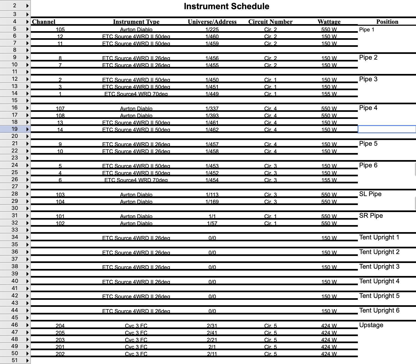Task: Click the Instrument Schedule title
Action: pos(226,6)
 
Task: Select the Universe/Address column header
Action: pos(212,22)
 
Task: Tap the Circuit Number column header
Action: pos(270,22)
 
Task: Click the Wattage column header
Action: pos(329,22)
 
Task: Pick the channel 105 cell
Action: pos(60,29)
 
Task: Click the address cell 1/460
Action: pos(212,36)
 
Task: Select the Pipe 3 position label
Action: pos(368,79)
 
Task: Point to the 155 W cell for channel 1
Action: pos(329,94)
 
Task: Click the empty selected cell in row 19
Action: pos(387,129)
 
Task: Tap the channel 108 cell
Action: pos(60,115)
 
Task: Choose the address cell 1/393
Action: pos(212,115)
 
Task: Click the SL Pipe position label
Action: pos(370,194)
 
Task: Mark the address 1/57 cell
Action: pos(212,223)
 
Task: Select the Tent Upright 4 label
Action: pos(379,281)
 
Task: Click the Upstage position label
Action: pos(371,325)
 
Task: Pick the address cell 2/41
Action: pos(212,333)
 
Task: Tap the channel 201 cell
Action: pos(60,347)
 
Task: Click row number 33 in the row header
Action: pos(15,230)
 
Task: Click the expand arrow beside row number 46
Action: pos(27,325)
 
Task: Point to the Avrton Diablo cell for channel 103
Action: pos(136,194)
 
